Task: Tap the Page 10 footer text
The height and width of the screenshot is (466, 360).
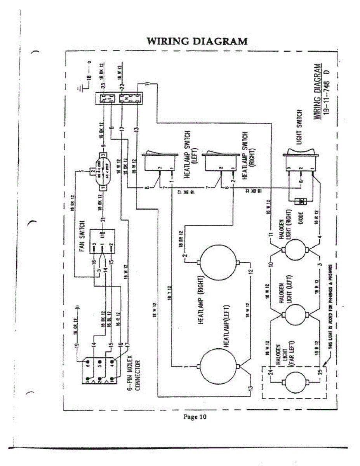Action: [x=195, y=417]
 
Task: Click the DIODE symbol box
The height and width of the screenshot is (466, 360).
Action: [x=301, y=202]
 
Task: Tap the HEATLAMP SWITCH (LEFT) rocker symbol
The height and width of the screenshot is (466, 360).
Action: [x=160, y=159]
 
